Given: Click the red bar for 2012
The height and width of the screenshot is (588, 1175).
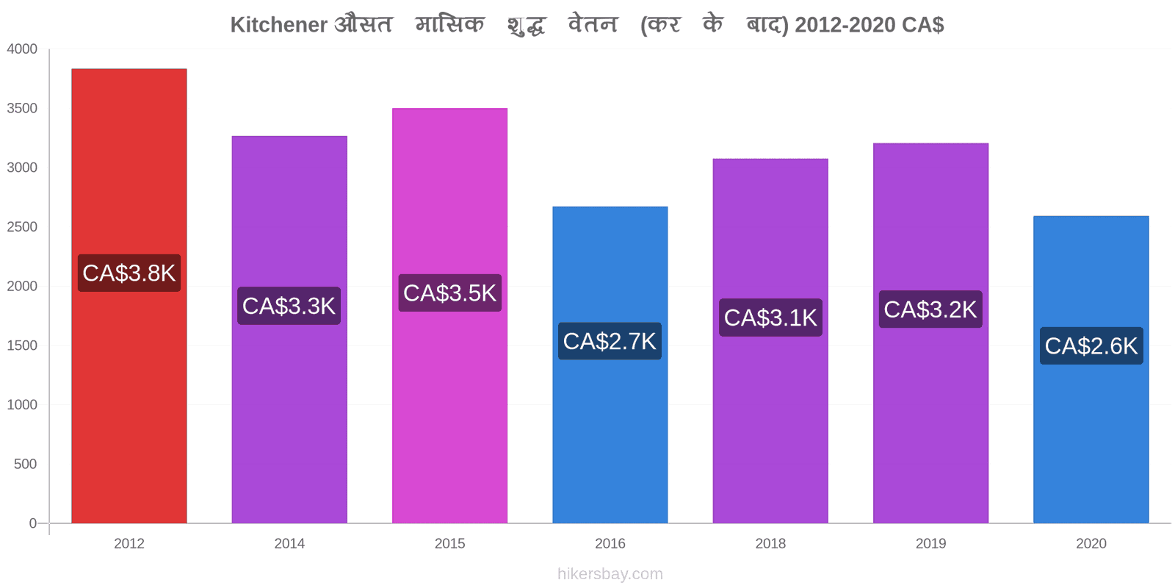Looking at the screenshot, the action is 129,295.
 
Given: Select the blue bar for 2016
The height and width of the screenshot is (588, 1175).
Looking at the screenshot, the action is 610,365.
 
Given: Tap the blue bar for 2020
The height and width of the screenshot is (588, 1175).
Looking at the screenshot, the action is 1091,370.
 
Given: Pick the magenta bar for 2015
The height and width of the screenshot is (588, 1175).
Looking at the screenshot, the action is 449,315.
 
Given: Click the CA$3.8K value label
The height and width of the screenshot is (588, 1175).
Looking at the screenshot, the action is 129,273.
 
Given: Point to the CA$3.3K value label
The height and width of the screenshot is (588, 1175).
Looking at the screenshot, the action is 289,306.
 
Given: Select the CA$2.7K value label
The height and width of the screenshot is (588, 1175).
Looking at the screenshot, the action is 610,341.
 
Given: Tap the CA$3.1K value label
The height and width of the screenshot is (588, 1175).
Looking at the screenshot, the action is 770,318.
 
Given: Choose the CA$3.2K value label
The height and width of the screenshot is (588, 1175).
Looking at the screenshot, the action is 930,309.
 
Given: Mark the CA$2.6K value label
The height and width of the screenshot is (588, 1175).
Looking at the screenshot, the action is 1091,346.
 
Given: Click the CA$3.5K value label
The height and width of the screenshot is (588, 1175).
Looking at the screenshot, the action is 449,293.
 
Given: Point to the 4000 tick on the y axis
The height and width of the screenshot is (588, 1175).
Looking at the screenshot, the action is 22,49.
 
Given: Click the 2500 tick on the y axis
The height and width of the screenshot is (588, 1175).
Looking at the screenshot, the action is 22,227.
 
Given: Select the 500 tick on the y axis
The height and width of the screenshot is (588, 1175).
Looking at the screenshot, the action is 25,464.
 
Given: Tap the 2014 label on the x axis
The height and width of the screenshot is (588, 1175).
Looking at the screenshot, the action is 289,543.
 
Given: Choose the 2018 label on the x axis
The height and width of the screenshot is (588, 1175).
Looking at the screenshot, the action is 770,543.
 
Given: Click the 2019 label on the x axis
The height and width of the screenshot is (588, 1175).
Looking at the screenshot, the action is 931,543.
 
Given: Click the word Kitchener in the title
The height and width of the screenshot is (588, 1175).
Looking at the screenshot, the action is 279,25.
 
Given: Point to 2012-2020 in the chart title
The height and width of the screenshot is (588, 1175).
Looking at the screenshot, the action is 845,25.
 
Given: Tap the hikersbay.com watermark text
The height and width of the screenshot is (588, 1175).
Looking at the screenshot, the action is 610,574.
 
